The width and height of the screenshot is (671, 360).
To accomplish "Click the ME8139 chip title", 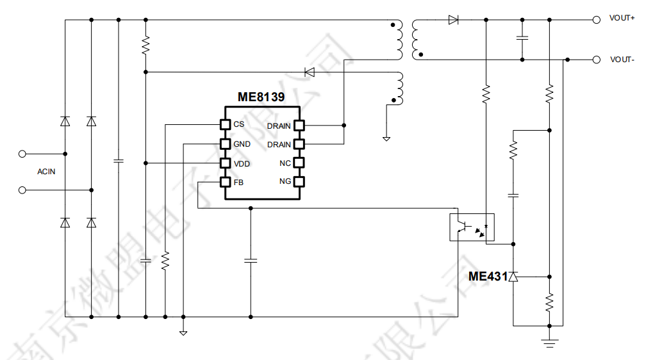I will pos(261,97).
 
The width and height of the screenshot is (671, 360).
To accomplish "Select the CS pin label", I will pos(238,124).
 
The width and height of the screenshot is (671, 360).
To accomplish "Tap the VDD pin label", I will pos(242,164).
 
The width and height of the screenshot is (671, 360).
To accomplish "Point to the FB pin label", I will pos(238,183).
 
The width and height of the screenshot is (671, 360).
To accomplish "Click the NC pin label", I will pos(285,163).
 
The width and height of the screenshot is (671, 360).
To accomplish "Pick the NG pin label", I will pos(285,182).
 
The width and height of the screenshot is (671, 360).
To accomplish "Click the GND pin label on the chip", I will pos(242,144).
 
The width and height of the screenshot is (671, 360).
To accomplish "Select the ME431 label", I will pos(488,277).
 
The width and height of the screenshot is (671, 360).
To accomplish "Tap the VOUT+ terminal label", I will pos(622,19).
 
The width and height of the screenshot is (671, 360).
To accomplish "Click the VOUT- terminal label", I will pos(622,60).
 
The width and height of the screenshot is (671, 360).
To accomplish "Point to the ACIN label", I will pos(46,172).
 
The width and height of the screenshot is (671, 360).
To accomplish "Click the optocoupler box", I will pos(472,227).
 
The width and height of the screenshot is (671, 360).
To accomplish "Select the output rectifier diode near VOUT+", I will pos(454,20).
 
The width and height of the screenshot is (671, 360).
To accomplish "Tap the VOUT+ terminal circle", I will pos(596,19).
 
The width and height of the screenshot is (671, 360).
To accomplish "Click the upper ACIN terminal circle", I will pos(22,154).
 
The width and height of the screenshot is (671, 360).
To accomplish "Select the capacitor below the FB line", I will pos(250,260).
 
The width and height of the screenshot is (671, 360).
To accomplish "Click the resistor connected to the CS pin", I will pos(165,261).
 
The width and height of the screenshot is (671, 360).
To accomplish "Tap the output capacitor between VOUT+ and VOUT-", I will pos(522,38).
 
